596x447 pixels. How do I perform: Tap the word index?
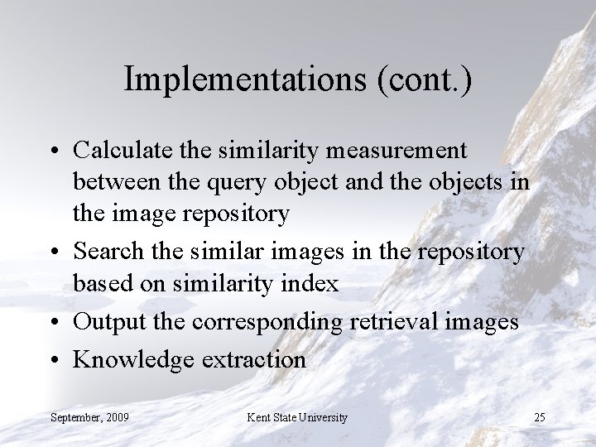pos(312,284)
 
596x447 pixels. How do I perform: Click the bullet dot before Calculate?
pos(55,151)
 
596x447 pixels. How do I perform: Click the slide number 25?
pos(539,416)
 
